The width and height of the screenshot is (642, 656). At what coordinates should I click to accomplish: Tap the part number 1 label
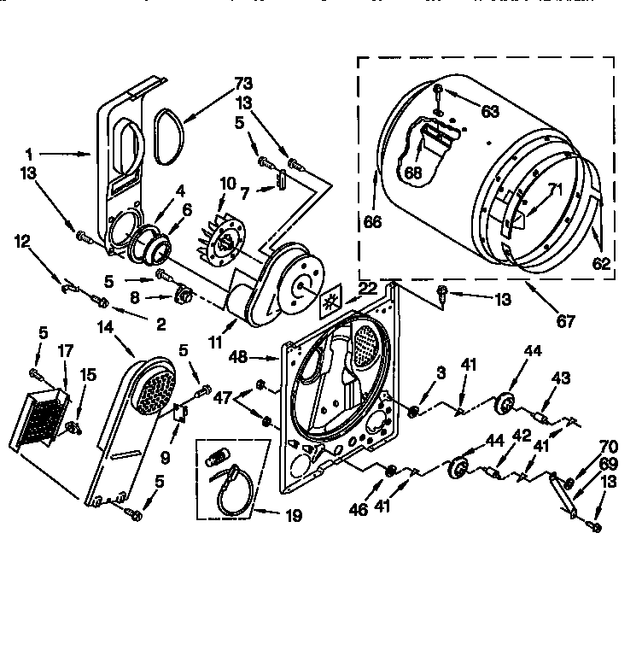[29, 155]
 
